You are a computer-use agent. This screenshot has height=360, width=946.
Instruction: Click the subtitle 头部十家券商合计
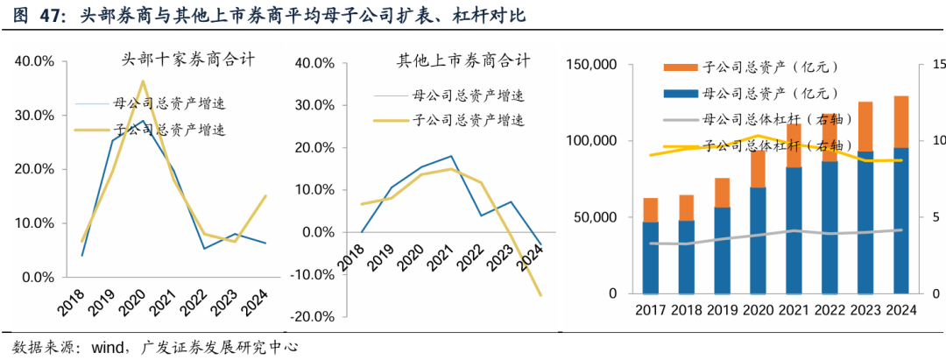pyautogui.click(x=187, y=60)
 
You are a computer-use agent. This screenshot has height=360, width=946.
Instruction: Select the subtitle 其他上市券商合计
pyautogui.click(x=463, y=60)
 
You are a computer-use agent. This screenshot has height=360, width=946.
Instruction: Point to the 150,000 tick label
pyautogui.click(x=594, y=65)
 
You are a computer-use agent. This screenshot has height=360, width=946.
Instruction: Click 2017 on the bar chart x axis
pyautogui.click(x=651, y=311)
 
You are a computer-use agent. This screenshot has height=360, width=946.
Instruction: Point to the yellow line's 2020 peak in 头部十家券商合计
pyautogui.click(x=143, y=81)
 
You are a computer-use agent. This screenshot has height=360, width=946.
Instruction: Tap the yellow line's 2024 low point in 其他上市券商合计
pyautogui.click(x=540, y=295)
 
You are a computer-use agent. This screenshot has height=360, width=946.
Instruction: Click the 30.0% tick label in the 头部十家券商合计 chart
pyautogui.click(x=35, y=116)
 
